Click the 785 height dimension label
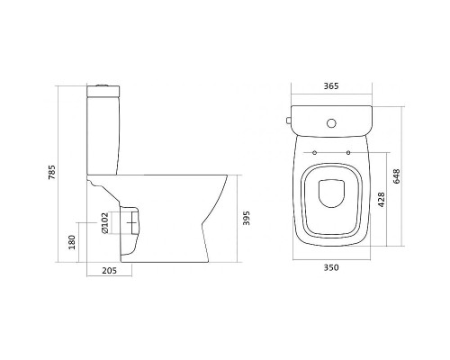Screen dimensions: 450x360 tap(52, 172)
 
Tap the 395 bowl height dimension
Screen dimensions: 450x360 tap(246, 218)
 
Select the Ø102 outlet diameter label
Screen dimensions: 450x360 tap(104, 223)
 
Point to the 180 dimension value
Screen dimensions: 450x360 tap(72, 242)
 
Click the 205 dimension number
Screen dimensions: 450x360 tap(109, 271)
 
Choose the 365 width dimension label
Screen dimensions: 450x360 tap(331, 86)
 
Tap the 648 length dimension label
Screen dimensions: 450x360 tap(397, 176)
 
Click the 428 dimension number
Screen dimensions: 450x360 tap(381, 200)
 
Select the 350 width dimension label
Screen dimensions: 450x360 tap(331, 267)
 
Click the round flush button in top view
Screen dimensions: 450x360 tap(331, 123)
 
